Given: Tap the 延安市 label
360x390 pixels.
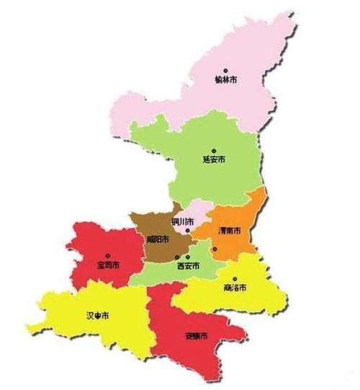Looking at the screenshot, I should pos(214,159).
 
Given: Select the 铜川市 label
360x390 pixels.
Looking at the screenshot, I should pos(182,221).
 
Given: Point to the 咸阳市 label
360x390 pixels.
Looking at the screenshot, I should pos(157,239).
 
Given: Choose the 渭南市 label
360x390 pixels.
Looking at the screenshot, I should pos(229,231).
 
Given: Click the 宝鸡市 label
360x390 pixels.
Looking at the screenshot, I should pos(108,265).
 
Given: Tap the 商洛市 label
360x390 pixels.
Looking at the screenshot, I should pos(235,287).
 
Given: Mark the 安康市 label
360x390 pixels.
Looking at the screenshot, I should pos(197,337).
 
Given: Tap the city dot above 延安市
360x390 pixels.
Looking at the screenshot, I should pos(213,151).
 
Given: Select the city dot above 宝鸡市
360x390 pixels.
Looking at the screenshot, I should pos(108,255).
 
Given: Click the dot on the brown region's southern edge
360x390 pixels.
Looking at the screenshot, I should pos(179,257).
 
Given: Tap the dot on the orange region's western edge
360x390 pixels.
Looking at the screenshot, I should pos(215,249).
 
